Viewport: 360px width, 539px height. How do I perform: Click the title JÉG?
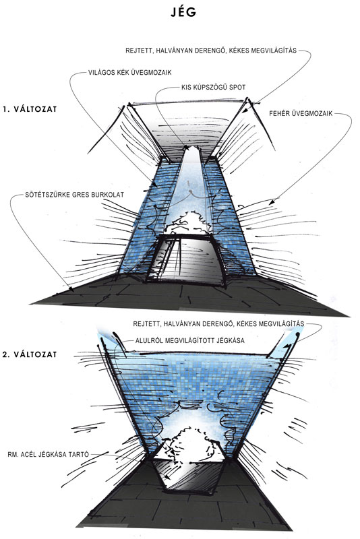(183, 12)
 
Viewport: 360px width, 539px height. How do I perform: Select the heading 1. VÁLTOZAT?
(29, 109)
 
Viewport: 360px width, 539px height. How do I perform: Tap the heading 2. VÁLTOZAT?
(29, 354)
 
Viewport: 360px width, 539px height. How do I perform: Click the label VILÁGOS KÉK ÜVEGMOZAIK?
(129, 73)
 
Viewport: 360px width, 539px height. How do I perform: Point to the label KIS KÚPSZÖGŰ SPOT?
(214, 88)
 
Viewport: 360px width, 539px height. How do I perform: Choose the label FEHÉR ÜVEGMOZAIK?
(301, 113)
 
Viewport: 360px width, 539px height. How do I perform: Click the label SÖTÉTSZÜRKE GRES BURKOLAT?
(74, 195)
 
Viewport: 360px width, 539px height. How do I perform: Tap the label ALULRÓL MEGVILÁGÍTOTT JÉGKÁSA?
(190, 340)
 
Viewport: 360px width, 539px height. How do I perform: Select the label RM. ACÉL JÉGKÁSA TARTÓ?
(48, 454)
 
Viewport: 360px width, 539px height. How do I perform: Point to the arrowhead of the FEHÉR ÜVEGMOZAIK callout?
(271, 203)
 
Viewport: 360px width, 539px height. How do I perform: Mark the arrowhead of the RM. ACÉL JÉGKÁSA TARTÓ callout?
(167, 477)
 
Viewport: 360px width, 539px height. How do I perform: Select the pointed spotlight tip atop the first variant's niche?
(192, 148)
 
